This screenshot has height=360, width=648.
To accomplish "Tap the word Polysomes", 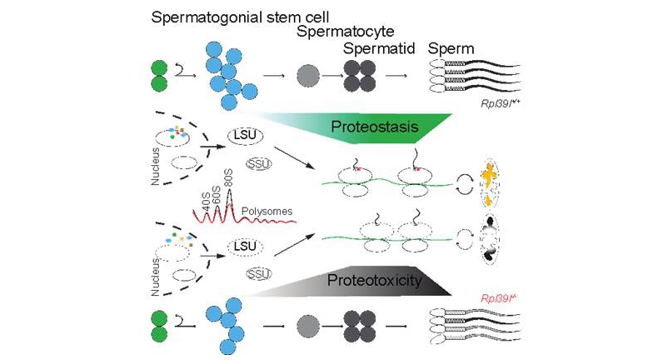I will (x=267, y=212).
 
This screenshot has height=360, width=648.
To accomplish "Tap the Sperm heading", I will (x=451, y=49).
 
